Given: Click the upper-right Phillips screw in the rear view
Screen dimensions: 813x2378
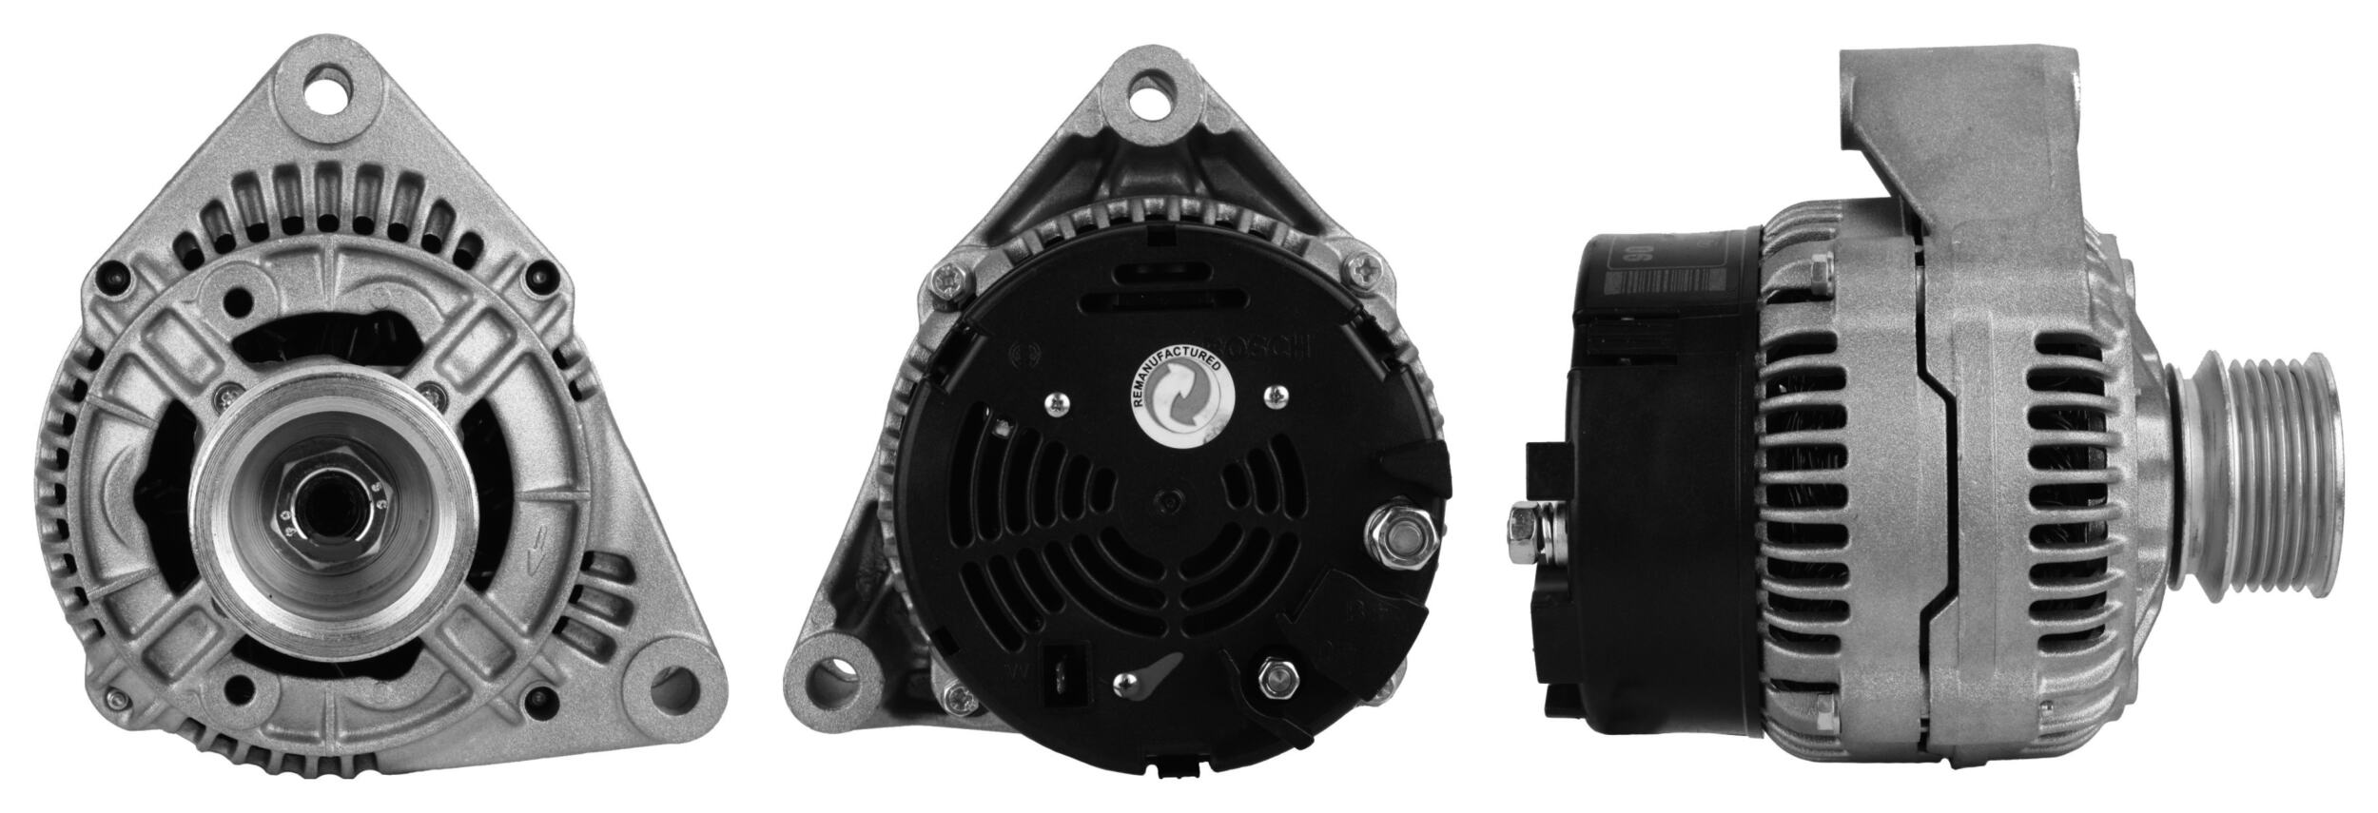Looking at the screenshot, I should (x=1364, y=270).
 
